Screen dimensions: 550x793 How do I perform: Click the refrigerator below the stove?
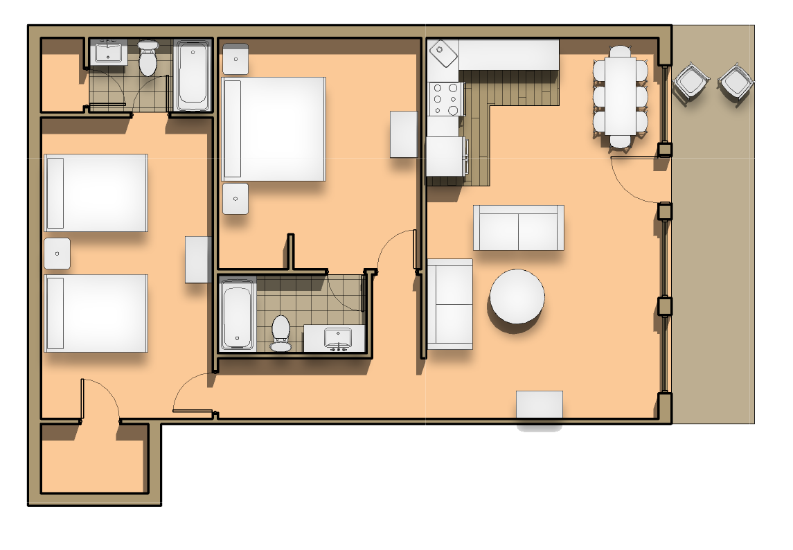click(445, 157)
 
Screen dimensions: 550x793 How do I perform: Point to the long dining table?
click(621, 96)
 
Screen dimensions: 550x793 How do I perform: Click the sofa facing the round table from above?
click(518, 227)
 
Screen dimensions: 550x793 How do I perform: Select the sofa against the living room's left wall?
click(449, 303)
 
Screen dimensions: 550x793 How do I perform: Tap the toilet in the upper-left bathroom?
click(148, 60)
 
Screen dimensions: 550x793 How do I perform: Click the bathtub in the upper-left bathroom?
click(193, 76)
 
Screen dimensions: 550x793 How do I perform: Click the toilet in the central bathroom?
click(281, 332)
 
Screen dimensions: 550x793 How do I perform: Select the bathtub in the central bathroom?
click(238, 315)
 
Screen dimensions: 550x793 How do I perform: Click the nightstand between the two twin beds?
click(57, 254)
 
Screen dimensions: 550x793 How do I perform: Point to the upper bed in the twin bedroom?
click(96, 193)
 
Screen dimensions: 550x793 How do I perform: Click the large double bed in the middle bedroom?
click(274, 129)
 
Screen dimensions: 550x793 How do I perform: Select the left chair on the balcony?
click(690, 82)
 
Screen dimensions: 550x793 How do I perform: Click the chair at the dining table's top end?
click(621, 51)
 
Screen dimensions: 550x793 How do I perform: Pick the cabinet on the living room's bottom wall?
click(539, 405)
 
